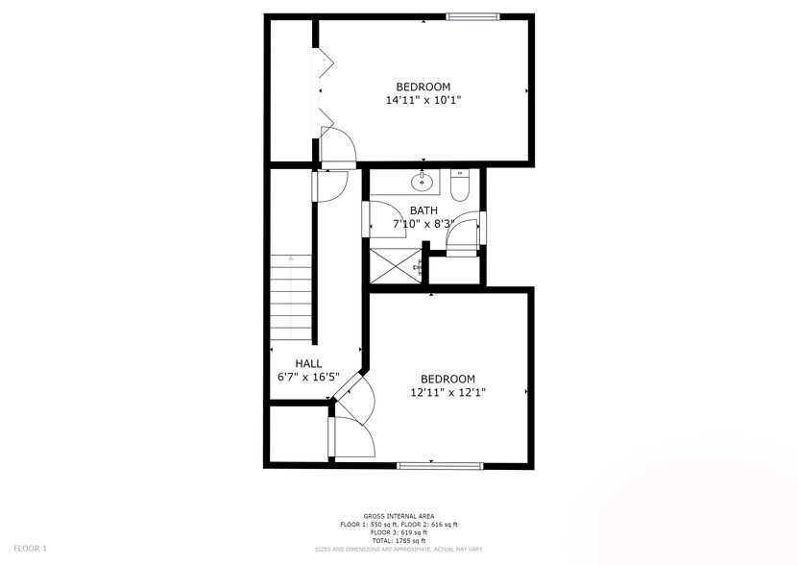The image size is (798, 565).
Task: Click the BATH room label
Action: click(423, 210)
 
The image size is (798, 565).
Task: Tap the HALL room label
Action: click(308, 363)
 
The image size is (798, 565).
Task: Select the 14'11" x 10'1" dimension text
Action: click(423, 100)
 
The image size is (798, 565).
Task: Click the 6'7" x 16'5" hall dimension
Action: click(308, 377)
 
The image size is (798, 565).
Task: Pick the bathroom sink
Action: click(423, 181)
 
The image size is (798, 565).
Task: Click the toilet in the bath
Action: click(459, 185)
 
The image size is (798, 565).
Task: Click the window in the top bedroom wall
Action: click(472, 15)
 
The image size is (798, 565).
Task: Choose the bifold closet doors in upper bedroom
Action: click(325, 91)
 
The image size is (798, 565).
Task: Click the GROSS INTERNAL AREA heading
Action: click(399, 516)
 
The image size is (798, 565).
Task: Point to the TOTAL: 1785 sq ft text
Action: click(399, 540)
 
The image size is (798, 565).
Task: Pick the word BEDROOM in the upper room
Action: click(423, 86)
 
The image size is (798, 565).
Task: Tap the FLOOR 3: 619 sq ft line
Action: click(399, 532)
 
